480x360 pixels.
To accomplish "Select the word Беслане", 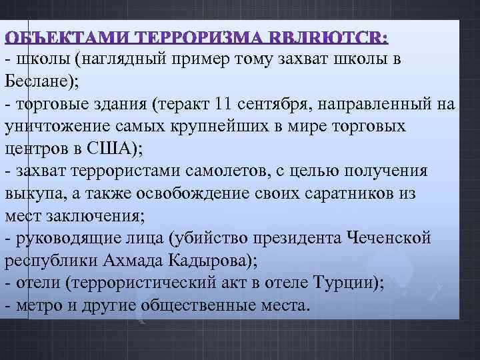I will [x=33, y=81].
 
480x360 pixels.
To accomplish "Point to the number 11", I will [x=225, y=104].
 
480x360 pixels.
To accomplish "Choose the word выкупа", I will [x=27, y=194].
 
